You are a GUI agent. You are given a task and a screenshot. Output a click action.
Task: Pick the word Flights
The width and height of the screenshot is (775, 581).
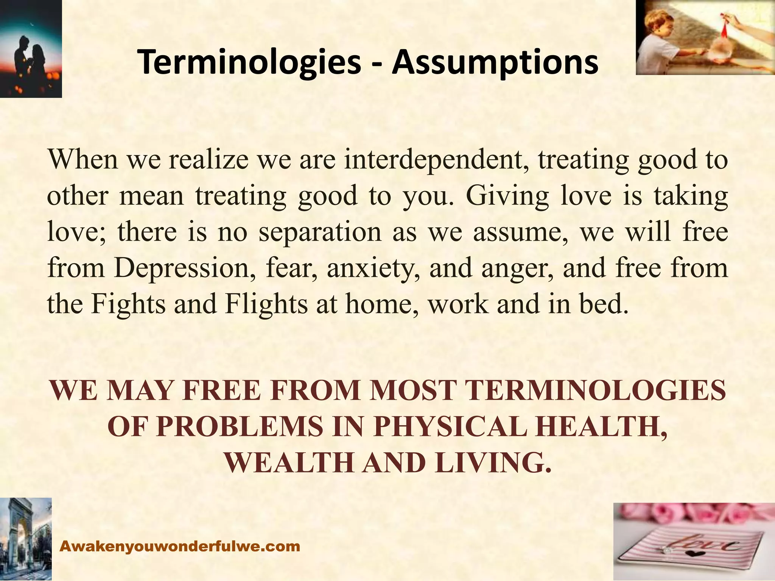pyautogui.click(x=266, y=304)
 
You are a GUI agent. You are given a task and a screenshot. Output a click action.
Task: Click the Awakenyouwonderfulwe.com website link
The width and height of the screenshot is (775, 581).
pyautogui.click(x=181, y=546)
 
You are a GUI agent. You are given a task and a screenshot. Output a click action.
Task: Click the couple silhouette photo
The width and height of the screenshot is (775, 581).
pyautogui.click(x=30, y=49)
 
